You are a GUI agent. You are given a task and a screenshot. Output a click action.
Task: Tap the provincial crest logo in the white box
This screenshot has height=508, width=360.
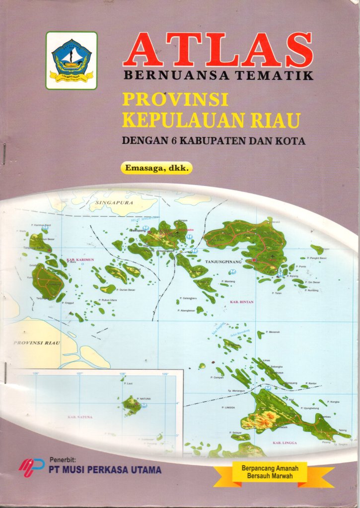(72, 61)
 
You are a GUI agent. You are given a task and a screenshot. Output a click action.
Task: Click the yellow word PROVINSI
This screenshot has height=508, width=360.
(175, 100)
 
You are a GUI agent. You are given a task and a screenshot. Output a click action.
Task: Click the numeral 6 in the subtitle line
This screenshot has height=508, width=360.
(174, 140)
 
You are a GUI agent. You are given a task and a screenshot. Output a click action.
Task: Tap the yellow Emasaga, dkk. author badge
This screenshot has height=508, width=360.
(156, 168)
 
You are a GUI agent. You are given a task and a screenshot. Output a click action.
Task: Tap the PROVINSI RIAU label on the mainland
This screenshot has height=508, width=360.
(37, 343)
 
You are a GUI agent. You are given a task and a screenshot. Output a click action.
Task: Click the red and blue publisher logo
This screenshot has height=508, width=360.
(31, 466)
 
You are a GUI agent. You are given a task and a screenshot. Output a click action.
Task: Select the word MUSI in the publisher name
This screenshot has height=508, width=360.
(75, 469)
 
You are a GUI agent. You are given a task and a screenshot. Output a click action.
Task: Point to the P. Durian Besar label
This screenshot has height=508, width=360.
(126, 290)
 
